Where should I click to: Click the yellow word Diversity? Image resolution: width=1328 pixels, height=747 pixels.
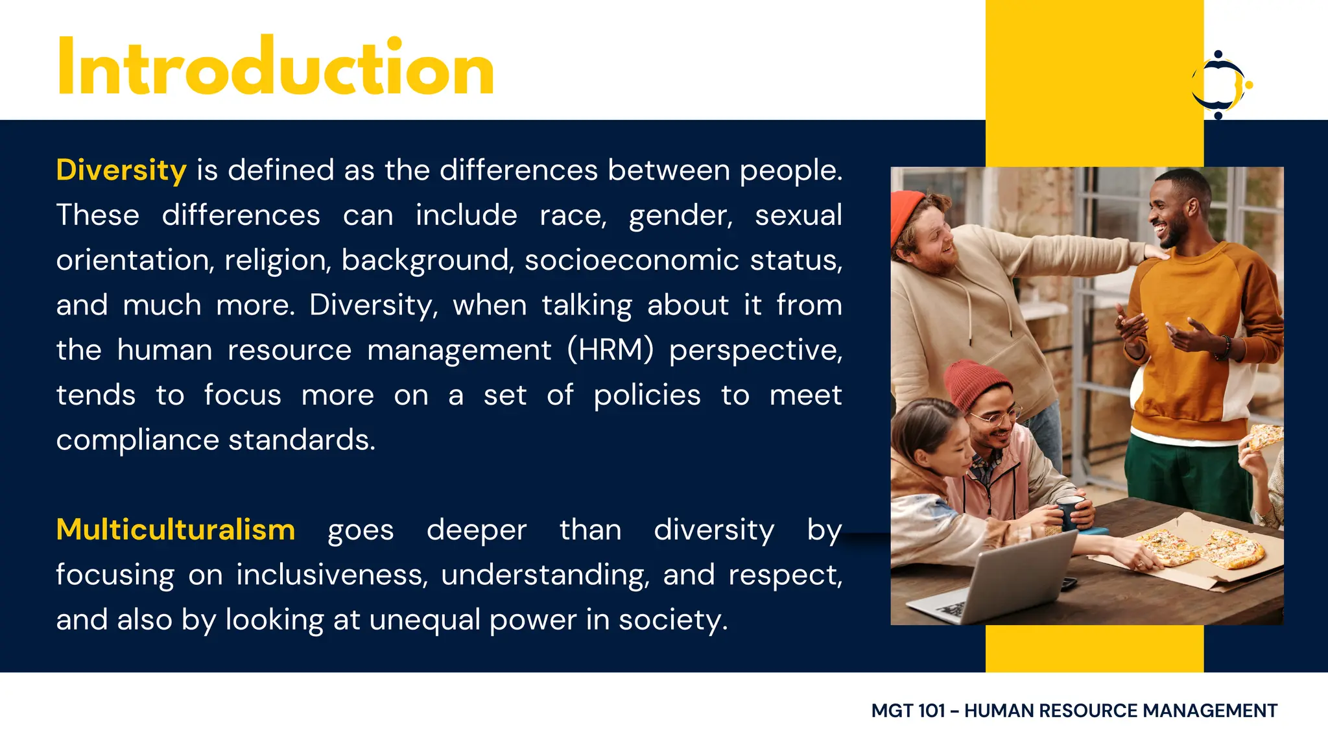[x=121, y=171]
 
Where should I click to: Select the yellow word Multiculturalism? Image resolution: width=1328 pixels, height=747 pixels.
[x=176, y=530]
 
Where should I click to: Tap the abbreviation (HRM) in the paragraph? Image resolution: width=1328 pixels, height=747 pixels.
[x=610, y=350]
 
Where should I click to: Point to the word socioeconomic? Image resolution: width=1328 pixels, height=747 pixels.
[x=632, y=261]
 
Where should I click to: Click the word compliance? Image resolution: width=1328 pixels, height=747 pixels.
[x=137, y=440]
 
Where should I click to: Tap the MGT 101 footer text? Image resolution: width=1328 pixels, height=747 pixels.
[x=1074, y=711]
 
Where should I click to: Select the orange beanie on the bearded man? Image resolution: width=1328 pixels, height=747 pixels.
[x=905, y=214]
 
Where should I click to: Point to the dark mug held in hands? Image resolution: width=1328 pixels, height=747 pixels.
[x=1069, y=513]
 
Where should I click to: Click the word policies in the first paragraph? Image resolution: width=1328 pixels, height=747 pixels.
[x=646, y=396]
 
